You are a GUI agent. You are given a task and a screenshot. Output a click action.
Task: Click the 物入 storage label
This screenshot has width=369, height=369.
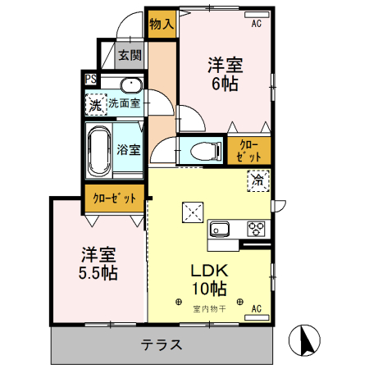click(x=162, y=25)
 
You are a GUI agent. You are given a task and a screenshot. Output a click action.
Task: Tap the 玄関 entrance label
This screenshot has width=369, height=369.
click(x=130, y=55)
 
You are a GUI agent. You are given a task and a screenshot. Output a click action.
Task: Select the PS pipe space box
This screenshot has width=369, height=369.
click(x=90, y=80)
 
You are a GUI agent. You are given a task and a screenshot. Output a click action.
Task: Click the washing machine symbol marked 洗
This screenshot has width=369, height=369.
click(x=96, y=105)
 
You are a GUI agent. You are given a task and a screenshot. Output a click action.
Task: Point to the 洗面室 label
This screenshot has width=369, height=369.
click(x=125, y=103)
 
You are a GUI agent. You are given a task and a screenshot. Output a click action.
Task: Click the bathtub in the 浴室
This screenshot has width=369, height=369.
click(x=99, y=151)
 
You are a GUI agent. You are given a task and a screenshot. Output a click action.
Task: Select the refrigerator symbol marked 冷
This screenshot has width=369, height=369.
click(x=258, y=180)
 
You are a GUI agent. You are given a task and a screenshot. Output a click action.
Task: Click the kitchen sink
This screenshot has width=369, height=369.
click(x=219, y=229)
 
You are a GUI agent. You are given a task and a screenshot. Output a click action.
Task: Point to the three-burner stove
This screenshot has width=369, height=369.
click(x=256, y=229)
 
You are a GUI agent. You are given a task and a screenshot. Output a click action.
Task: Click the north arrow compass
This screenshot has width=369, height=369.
click(x=304, y=340)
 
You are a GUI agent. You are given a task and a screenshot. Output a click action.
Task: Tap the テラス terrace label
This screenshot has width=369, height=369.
click(x=162, y=344)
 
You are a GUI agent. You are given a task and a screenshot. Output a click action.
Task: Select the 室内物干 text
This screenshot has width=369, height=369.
click(x=209, y=309)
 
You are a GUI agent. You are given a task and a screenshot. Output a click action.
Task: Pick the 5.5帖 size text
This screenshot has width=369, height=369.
click(x=98, y=273)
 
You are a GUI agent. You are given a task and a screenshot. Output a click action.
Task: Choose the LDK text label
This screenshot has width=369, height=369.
click(x=209, y=271)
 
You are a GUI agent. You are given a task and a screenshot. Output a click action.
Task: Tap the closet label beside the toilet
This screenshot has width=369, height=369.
click(x=248, y=151)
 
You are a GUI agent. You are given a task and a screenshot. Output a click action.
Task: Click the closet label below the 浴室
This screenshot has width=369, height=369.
click(x=114, y=198)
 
